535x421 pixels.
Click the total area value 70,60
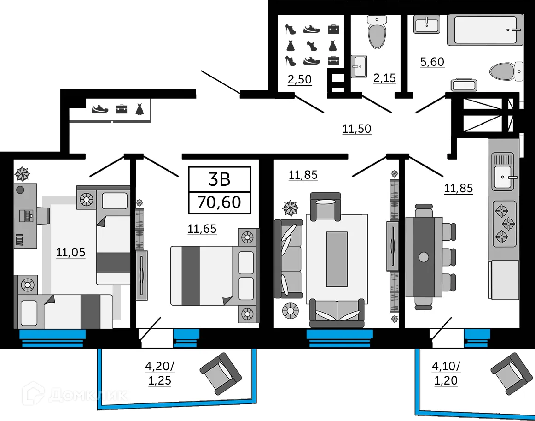click(x=219, y=202)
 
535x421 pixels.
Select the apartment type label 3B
click(x=219, y=179)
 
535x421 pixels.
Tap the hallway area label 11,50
click(x=356, y=129)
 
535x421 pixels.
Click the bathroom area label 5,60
click(x=432, y=62)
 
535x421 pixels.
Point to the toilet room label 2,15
click(x=384, y=78)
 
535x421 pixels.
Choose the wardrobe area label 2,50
click(x=299, y=79)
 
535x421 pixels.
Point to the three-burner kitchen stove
click(x=504, y=224)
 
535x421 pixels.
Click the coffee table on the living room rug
click(x=337, y=259)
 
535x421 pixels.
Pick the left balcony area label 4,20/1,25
click(x=159, y=374)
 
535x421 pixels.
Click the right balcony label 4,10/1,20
click(x=446, y=374)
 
